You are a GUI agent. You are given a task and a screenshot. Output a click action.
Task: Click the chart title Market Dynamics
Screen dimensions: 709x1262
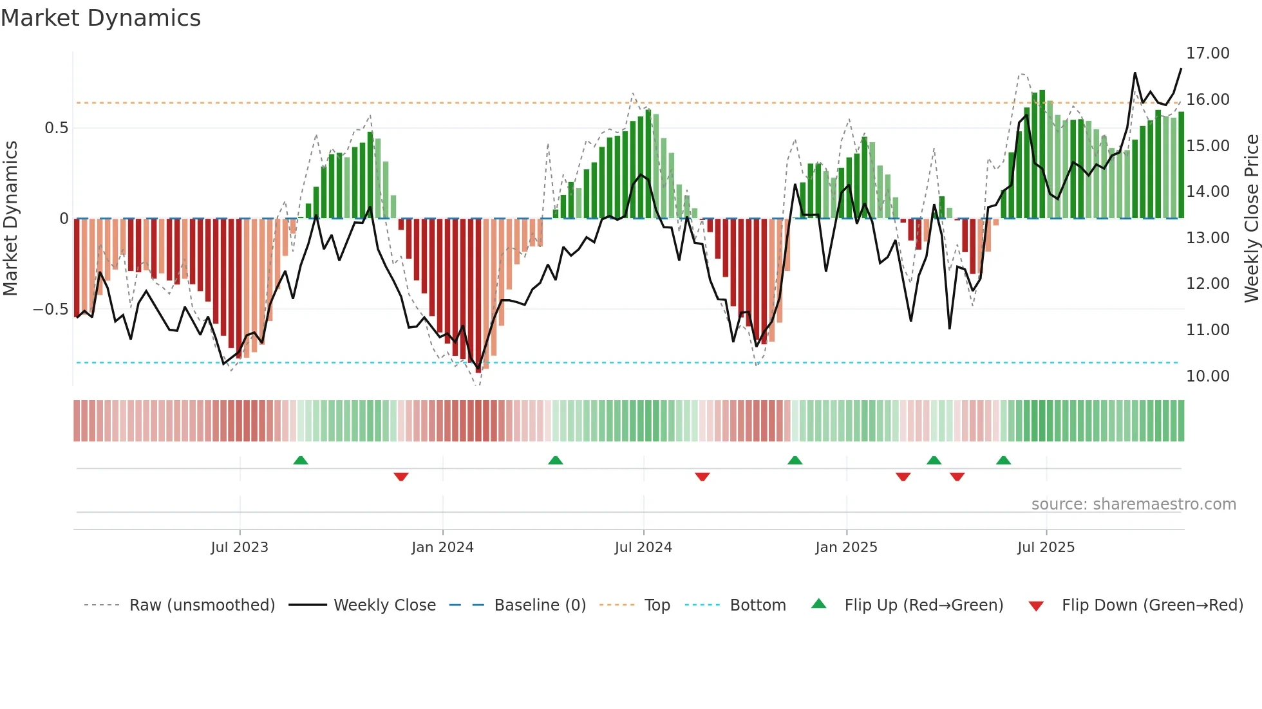point(101,18)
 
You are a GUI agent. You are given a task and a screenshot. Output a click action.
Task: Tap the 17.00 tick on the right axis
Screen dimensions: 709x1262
point(1207,53)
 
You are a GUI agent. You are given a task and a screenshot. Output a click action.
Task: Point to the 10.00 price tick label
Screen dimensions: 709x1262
point(1207,376)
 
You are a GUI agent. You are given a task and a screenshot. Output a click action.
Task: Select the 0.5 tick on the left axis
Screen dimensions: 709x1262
point(57,128)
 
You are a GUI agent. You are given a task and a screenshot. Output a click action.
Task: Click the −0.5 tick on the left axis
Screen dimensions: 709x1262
point(50,309)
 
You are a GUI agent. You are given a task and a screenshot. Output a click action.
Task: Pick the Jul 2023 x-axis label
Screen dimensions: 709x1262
point(240,548)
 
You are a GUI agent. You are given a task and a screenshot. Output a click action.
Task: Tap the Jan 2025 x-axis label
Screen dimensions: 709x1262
point(846,548)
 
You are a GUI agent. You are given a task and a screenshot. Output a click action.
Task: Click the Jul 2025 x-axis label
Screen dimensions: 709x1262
point(1046,548)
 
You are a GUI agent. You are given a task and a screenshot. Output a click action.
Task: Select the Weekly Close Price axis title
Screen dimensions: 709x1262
point(1251,219)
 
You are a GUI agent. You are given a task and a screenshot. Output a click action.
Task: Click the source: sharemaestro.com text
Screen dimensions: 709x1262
point(1133,504)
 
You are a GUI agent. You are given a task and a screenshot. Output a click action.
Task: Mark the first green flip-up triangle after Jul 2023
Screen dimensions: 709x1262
point(301,460)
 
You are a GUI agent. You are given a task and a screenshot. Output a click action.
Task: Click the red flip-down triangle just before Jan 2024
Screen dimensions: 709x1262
point(401,477)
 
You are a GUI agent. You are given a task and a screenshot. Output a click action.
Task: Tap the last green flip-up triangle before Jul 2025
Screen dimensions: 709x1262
point(1003,460)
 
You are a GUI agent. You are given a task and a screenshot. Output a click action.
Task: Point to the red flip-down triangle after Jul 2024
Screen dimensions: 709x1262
point(702,477)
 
